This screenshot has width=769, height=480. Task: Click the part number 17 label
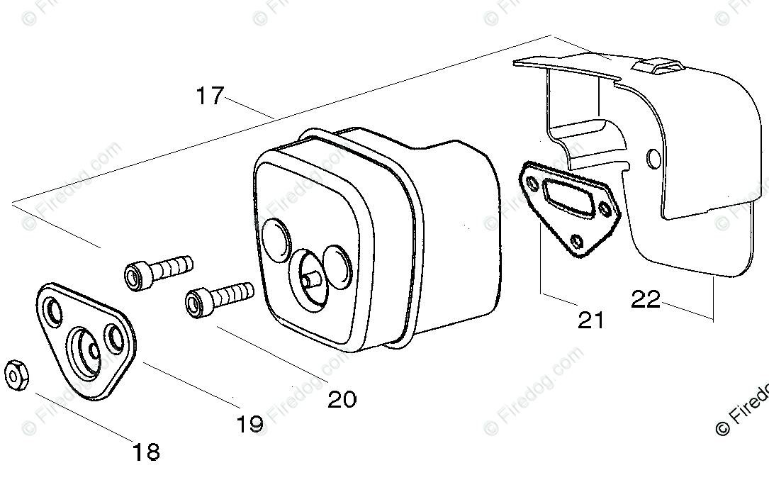(211, 95)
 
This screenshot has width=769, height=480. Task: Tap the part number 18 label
(145, 452)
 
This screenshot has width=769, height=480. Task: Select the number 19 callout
(249, 424)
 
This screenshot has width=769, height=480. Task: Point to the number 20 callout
(342, 399)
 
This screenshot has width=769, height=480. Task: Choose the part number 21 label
(590, 320)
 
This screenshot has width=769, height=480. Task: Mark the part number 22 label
(646, 299)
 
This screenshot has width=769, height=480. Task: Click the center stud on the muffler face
(309, 279)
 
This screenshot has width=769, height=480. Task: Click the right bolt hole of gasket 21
(604, 208)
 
